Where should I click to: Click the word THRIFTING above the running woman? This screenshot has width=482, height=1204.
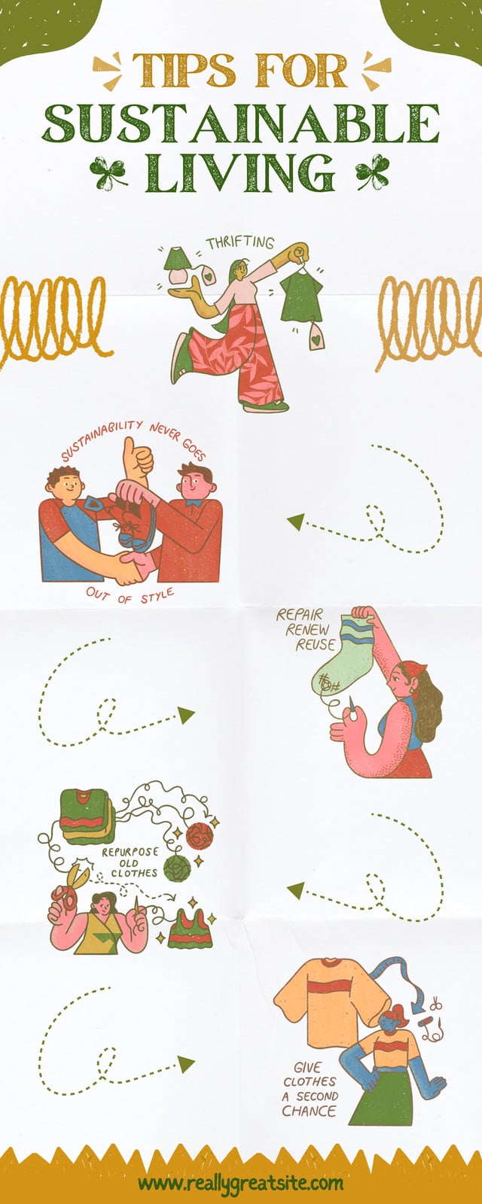(x=240, y=243)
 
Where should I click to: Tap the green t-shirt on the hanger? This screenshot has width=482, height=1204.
(x=300, y=296)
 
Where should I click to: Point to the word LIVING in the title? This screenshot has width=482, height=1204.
(x=240, y=173)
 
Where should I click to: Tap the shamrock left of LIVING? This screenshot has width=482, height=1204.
(x=108, y=172)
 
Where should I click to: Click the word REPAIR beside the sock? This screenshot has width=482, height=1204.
(x=300, y=614)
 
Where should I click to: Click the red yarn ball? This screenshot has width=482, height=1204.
(x=200, y=836)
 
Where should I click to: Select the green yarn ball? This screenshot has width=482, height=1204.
(x=177, y=868)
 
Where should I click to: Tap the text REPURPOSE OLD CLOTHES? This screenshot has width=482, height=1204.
(x=130, y=863)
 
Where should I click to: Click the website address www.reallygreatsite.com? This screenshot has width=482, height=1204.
(x=240, y=1184)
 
